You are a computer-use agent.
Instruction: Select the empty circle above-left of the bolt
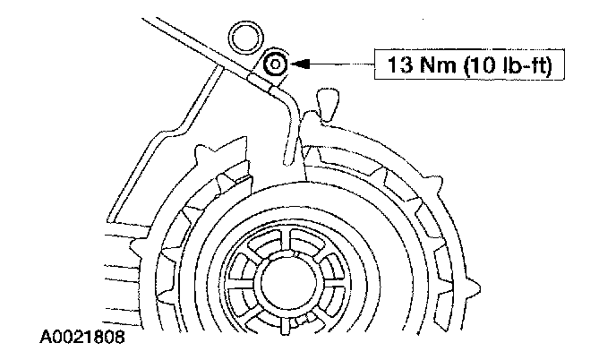243,37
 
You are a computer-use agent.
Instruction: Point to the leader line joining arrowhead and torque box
345,64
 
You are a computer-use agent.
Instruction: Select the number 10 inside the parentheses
475,64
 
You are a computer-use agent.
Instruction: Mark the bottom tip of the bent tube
288,161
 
